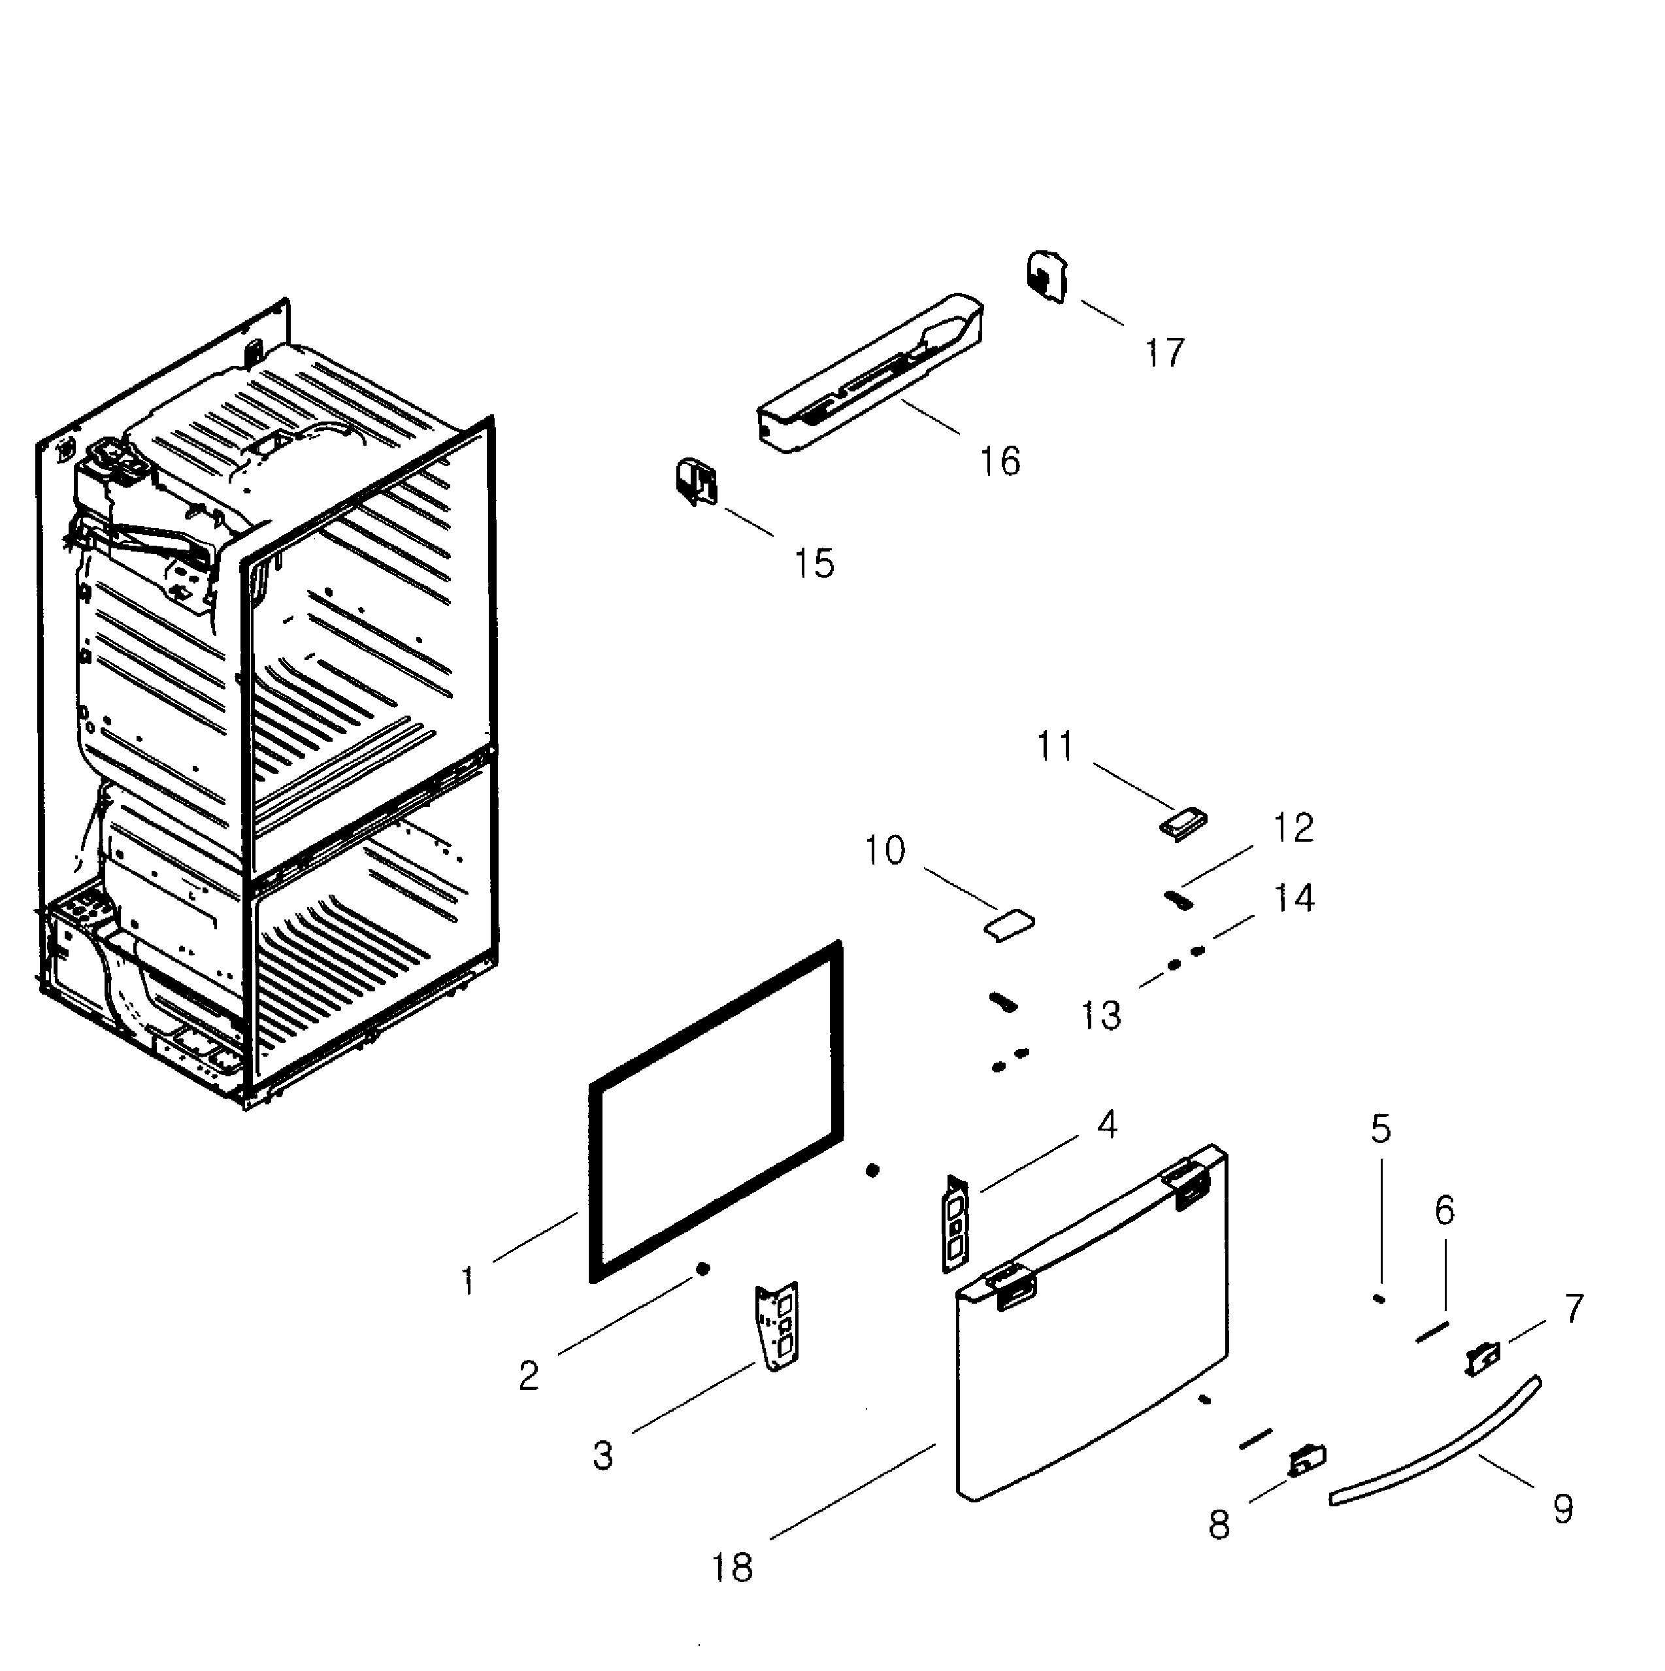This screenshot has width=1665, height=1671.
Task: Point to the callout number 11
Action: [1055, 746]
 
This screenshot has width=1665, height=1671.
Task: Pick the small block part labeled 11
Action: [1182, 823]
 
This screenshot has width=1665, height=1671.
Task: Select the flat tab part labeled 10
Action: [1008, 925]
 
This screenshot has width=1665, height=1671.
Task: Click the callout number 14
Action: [1294, 899]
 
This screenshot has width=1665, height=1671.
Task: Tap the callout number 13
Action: [1101, 1016]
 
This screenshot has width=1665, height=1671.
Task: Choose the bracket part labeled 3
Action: [778, 1326]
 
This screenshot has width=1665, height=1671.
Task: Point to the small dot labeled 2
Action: [703, 1269]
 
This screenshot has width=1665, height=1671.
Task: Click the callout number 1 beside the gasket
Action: [468, 1281]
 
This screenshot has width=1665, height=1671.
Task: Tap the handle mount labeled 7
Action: [1483, 1359]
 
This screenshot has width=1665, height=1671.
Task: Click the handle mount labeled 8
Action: [1307, 1463]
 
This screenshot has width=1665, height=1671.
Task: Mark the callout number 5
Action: [1381, 1129]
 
